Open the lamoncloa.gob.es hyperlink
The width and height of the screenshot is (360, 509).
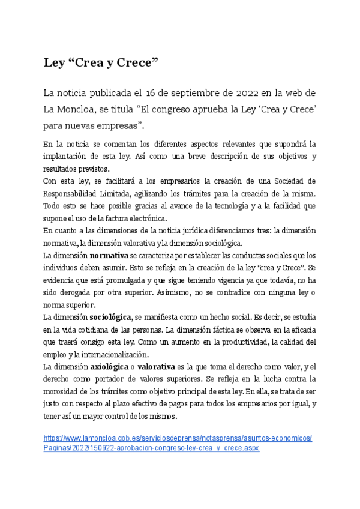(x=178, y=439)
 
